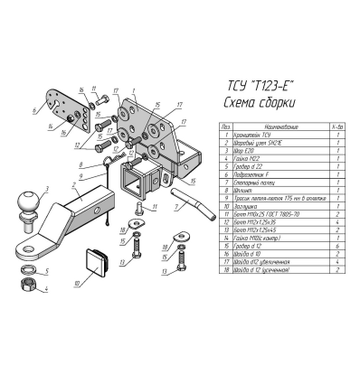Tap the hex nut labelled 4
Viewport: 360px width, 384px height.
coord(27,285)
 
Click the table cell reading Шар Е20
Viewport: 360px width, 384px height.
coord(245,149)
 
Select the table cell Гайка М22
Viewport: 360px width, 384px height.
coord(247,157)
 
